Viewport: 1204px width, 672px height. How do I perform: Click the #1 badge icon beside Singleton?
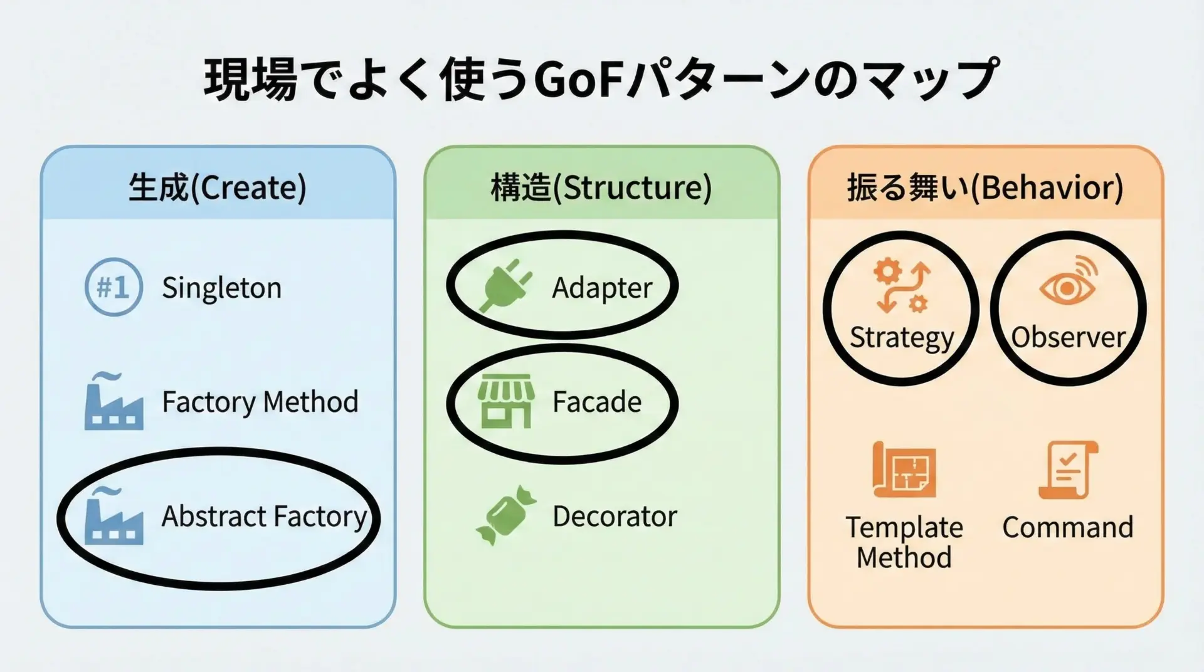click(114, 287)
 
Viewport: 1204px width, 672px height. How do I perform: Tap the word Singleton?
click(221, 288)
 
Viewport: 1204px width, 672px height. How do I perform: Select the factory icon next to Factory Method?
click(114, 401)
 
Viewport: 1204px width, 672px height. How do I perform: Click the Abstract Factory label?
click(264, 517)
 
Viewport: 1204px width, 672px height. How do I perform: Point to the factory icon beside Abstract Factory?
click(114, 515)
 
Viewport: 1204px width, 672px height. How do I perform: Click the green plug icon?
click(506, 286)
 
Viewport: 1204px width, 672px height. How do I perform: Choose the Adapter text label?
click(602, 288)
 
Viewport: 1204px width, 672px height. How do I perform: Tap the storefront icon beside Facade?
click(505, 402)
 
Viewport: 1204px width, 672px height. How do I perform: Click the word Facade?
click(597, 402)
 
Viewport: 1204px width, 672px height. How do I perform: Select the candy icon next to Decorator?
click(506, 515)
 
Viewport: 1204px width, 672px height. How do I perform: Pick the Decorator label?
click(615, 516)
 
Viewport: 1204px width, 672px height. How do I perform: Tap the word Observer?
click(1069, 337)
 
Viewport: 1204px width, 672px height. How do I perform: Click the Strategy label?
click(902, 339)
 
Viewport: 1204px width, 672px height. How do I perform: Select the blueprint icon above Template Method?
click(904, 470)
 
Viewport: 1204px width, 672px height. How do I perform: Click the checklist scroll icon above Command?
click(1068, 470)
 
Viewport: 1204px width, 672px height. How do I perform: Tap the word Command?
click(1068, 527)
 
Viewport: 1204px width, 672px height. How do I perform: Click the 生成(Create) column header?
click(218, 187)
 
